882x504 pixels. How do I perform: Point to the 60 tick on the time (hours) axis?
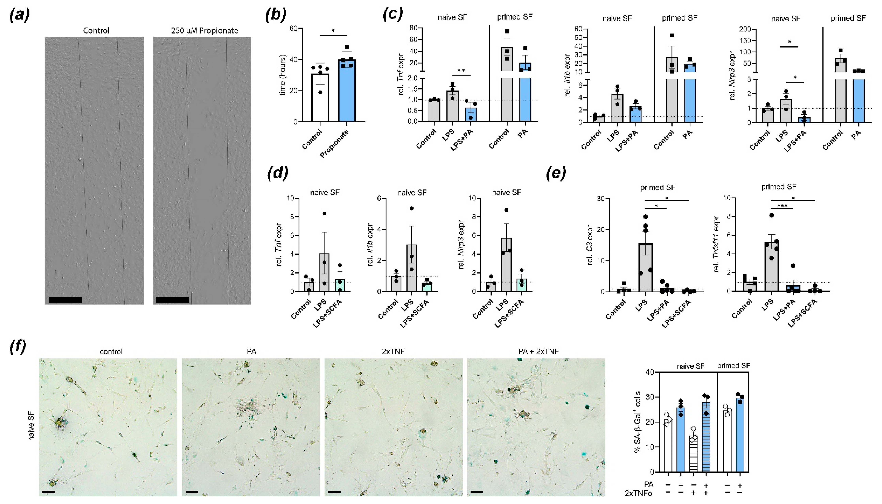294,28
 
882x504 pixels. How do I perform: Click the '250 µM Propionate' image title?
204,30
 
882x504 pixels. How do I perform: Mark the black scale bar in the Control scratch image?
65,300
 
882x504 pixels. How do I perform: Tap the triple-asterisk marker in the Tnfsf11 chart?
782,206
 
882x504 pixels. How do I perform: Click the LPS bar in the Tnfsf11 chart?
771,267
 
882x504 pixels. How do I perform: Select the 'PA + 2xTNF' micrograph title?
536,352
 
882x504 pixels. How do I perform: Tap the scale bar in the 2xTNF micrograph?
334,492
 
